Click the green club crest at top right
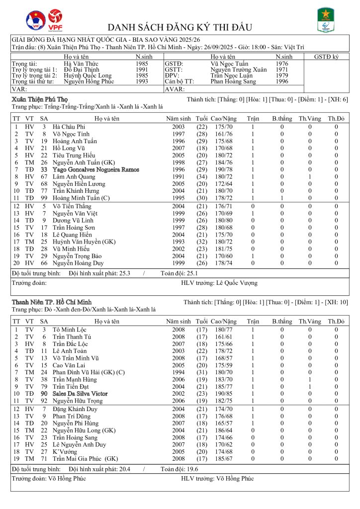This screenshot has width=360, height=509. pos(326,20)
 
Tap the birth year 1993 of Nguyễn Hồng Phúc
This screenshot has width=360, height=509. pos(142,82)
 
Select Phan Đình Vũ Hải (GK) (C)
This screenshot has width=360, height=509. pos(89,372)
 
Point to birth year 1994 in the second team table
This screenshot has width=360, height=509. pos(179,372)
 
